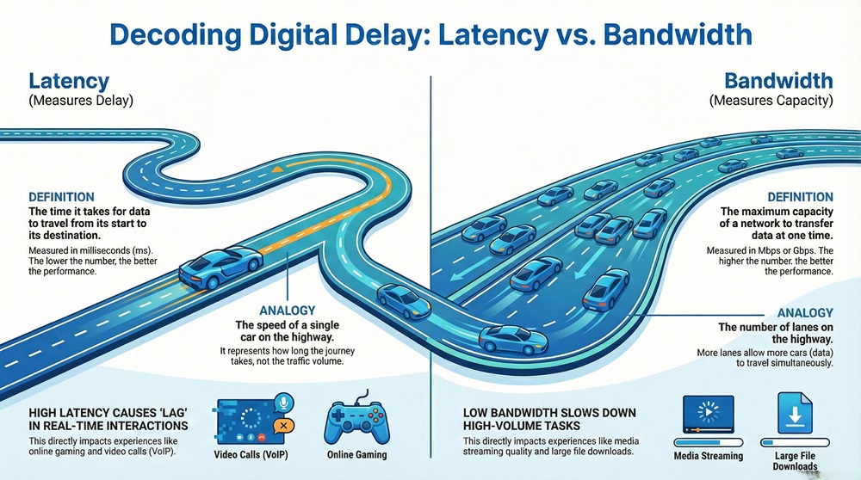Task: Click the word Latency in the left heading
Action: [x=69, y=82]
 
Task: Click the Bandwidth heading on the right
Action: [x=778, y=82]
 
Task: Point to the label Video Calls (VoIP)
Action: [x=250, y=455]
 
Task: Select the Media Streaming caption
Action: [x=707, y=455]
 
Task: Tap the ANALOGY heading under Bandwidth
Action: [x=805, y=313]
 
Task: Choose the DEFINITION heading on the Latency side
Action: [x=61, y=197]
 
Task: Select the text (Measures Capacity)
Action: [x=771, y=102]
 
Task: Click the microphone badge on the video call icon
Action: [x=283, y=403]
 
